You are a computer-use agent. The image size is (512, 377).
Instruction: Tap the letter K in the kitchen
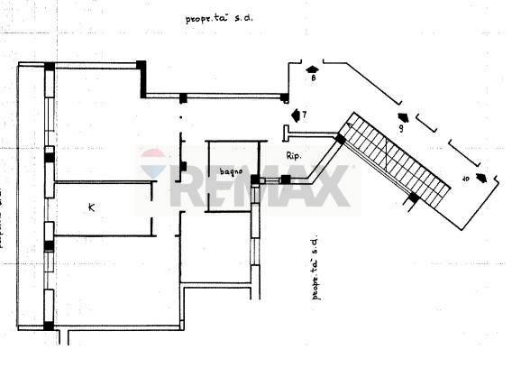[x=92, y=207]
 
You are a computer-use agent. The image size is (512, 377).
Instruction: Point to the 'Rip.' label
[x=293, y=157]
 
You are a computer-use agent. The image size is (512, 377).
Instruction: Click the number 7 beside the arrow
[x=305, y=115]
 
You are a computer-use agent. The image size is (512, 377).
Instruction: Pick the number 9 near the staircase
[x=399, y=129]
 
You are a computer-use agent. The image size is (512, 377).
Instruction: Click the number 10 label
[x=466, y=179]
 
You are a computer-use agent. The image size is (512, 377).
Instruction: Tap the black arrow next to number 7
[x=296, y=115]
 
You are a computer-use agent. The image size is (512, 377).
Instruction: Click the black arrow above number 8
[x=312, y=69]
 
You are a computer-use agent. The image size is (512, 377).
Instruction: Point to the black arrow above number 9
[x=402, y=117]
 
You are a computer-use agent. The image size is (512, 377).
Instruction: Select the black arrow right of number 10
[x=484, y=178]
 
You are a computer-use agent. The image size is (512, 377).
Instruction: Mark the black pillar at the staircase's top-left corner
[x=340, y=140]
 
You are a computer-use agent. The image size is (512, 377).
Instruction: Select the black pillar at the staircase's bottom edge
[x=413, y=198]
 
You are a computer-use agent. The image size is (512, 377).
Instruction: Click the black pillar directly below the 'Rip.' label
[x=286, y=179]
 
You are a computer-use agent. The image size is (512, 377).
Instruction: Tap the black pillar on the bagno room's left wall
[x=184, y=166]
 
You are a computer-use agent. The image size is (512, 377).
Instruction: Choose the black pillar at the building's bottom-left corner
[x=49, y=326]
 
